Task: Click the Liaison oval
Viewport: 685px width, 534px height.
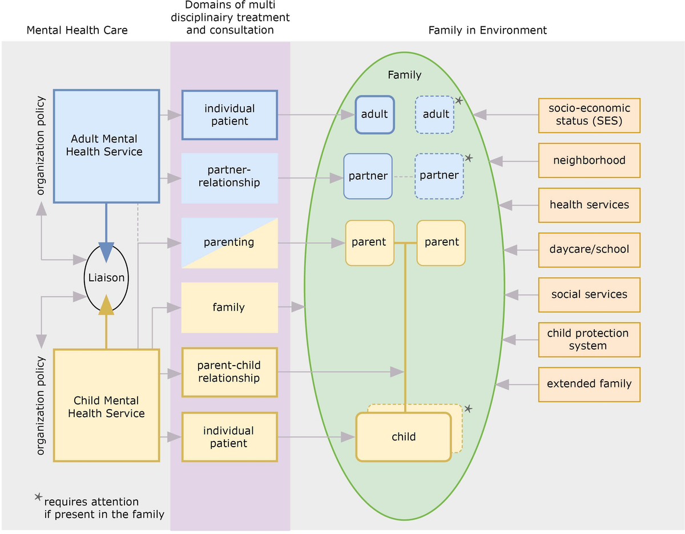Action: pyautogui.click(x=106, y=278)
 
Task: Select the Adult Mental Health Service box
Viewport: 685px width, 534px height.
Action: pyautogui.click(x=106, y=145)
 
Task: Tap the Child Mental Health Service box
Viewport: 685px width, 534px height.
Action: pyautogui.click(x=106, y=406)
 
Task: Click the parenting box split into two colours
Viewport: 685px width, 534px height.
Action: pyautogui.click(x=229, y=242)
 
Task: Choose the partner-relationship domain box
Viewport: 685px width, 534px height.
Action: pyautogui.click(x=229, y=178)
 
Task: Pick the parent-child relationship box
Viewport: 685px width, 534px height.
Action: pyautogui.click(x=229, y=372)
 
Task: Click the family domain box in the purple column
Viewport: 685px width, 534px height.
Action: pyautogui.click(x=229, y=308)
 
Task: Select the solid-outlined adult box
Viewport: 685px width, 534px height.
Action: pyautogui.click(x=374, y=114)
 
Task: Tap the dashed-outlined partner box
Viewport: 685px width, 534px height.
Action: pyautogui.click(x=439, y=176)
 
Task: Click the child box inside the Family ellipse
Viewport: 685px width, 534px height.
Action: pyautogui.click(x=404, y=437)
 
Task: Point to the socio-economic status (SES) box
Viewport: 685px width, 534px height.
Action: pyautogui.click(x=589, y=115)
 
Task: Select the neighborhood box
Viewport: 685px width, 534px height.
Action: pyautogui.click(x=589, y=160)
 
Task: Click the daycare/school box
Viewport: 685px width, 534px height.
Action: pyautogui.click(x=589, y=249)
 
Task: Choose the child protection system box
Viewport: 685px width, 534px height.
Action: pyautogui.click(x=589, y=339)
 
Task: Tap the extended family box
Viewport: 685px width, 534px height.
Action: pyautogui.click(x=589, y=384)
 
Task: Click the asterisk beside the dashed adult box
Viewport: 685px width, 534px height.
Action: pyautogui.click(x=459, y=100)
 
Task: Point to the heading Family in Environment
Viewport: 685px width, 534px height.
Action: pyautogui.click(x=487, y=30)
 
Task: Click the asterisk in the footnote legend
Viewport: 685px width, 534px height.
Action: pyautogui.click(x=38, y=497)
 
